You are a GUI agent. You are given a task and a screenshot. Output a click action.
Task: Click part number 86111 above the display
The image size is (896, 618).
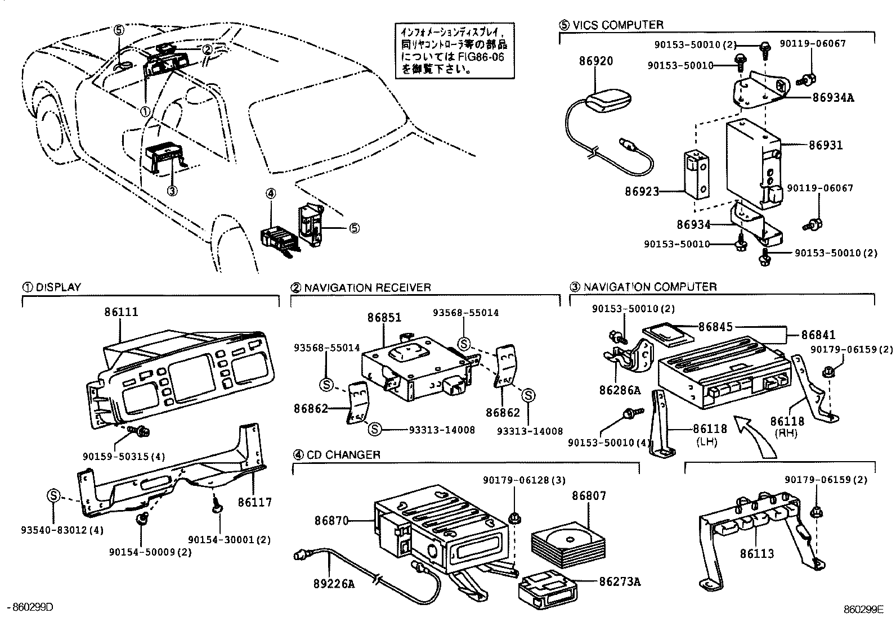point(121,312)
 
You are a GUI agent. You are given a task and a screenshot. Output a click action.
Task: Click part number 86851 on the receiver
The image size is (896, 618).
point(384,317)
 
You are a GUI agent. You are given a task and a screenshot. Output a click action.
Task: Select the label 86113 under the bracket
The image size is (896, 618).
point(757,554)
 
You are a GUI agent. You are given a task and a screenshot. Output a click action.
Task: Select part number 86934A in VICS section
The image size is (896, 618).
point(833,97)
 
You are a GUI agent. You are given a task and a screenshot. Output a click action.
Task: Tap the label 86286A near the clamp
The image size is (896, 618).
point(620,390)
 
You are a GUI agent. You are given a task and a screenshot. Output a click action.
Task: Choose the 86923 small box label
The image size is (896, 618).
point(642,192)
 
